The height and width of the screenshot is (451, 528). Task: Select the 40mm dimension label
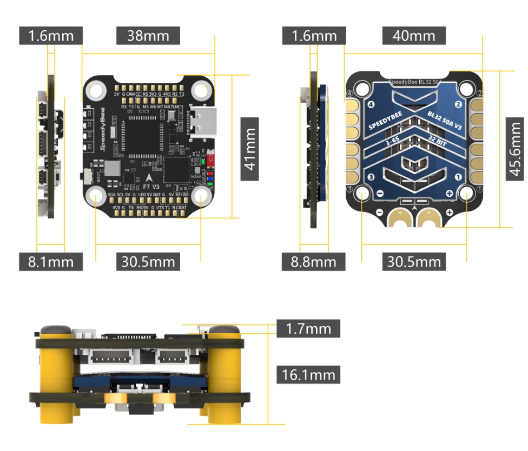tap(414, 36)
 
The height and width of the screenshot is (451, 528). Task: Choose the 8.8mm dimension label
tap(314, 262)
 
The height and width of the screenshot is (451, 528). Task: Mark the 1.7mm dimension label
tap(308, 328)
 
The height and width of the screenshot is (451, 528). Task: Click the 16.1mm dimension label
tap(308, 374)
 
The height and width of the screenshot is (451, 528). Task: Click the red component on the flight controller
tap(211, 160)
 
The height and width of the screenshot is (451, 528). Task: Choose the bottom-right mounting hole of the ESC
tap(466, 193)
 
